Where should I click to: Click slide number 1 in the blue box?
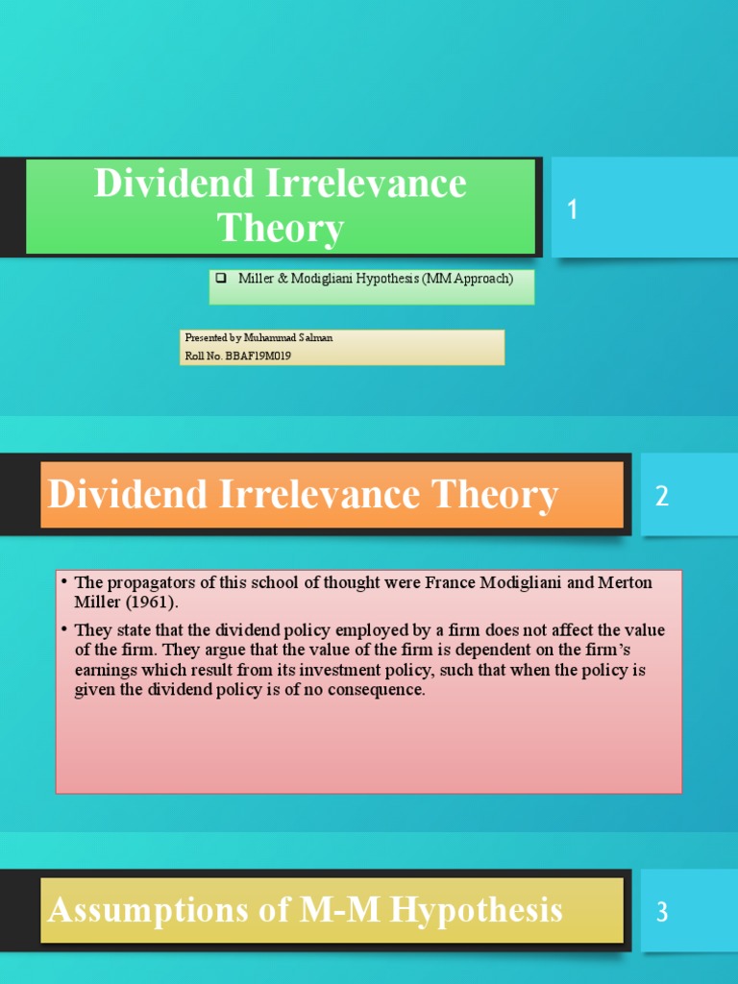(573, 209)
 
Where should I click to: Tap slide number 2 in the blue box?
(662, 496)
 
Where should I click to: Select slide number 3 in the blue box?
(662, 912)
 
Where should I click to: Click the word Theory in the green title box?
(280, 229)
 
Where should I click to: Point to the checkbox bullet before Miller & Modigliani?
(220, 279)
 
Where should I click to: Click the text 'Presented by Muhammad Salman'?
(258, 338)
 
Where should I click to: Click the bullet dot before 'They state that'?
(61, 630)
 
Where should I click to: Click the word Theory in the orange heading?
(496, 495)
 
